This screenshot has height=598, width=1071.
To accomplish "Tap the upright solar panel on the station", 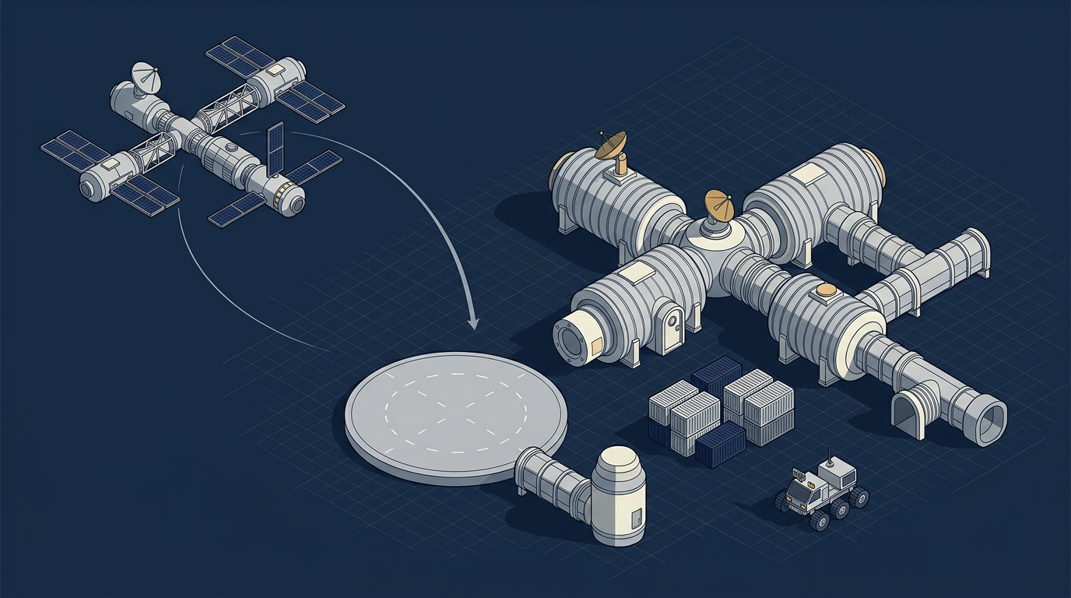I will pos(274,149).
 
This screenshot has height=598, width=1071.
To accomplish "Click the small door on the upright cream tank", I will pos(637,516).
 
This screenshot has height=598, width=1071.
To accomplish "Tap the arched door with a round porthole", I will pos(672,325).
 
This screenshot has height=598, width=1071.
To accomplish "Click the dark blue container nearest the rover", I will pos(719,445).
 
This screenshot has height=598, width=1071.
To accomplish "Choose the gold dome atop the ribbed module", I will pos(826,292).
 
